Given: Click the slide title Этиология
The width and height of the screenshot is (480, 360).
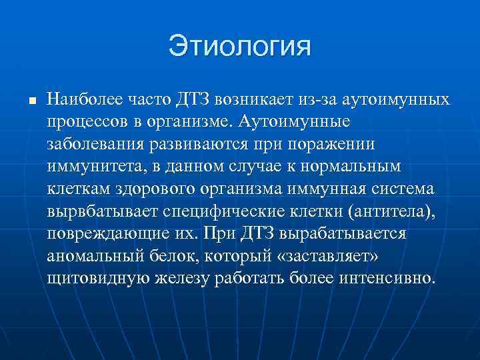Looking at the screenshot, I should click(x=240, y=47).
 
